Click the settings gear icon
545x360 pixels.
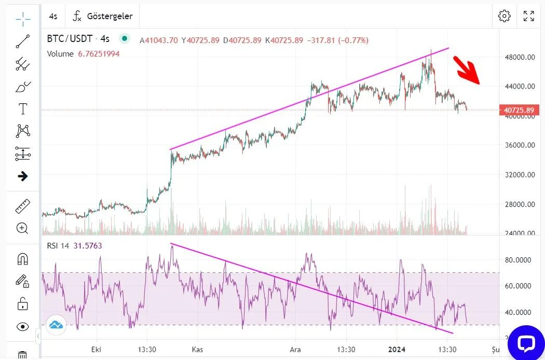(x=504, y=16)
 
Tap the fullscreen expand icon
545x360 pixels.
(x=529, y=16)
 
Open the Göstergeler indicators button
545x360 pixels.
(x=102, y=16)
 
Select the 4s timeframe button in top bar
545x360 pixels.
(x=53, y=16)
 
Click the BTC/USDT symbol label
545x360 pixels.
(x=70, y=39)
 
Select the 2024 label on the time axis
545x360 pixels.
(x=397, y=349)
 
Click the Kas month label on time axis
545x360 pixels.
(x=197, y=349)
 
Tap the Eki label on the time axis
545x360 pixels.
(x=95, y=349)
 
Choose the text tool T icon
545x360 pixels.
(x=23, y=109)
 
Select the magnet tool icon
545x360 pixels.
(x=23, y=259)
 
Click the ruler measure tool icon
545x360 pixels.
(x=23, y=206)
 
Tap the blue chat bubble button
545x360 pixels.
(x=526, y=343)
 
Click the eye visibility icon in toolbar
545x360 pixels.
(x=23, y=327)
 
